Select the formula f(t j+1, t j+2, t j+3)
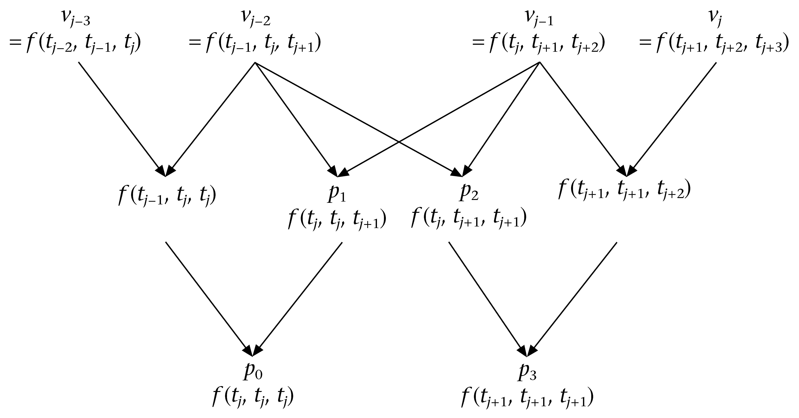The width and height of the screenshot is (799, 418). (x=713, y=43)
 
